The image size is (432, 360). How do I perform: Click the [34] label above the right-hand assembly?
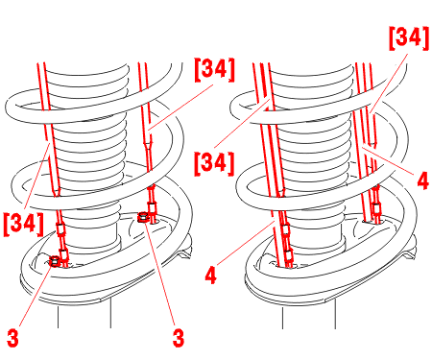tap(409, 38)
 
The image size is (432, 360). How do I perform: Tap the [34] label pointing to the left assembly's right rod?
tap(214, 70)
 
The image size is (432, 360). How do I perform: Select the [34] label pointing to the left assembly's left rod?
tap(23, 224)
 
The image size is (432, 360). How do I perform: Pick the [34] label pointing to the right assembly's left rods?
tap(214, 164)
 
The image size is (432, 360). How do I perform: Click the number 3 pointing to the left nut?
tap(12, 338)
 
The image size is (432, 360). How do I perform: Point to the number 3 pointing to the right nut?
tap(179, 338)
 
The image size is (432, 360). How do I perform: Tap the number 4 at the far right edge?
tap(422, 180)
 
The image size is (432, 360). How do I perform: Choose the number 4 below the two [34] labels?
tap(210, 275)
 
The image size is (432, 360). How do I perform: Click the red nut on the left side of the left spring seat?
tap(55, 261)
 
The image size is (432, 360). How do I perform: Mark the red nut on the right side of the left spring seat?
tap(143, 218)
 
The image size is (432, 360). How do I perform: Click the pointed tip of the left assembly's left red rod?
tap(57, 196)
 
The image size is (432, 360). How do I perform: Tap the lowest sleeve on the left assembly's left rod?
tap(64, 254)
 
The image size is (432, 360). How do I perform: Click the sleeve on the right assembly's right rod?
tap(376, 208)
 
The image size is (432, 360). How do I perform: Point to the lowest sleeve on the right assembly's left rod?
tap(288, 255)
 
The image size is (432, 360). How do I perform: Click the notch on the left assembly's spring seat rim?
tap(184, 255)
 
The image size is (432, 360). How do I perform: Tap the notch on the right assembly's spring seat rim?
tap(409, 255)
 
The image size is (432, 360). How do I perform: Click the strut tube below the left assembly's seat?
tap(84, 315)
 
